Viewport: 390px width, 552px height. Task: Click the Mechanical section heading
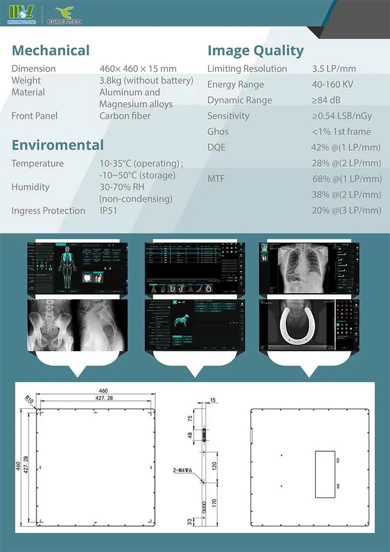coord(51,50)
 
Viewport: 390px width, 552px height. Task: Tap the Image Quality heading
coord(255,51)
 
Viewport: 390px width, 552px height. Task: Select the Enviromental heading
coord(58,145)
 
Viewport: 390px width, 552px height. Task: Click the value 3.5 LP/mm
coord(334,69)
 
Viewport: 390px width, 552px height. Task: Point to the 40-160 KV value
coord(332,84)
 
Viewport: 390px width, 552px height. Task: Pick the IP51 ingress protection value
coord(108,211)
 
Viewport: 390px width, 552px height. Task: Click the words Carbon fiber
coord(125,116)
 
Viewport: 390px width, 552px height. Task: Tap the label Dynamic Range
coord(239,100)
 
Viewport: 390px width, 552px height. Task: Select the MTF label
coord(216,179)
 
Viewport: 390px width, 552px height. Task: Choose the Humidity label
coord(30,187)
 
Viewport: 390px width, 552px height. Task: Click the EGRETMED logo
coord(64,15)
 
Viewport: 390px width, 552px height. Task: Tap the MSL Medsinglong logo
coord(21,15)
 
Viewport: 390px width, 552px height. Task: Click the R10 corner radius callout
coord(29,400)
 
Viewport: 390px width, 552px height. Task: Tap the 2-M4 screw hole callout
coord(183,471)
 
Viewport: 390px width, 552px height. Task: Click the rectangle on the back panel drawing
coord(325,474)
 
